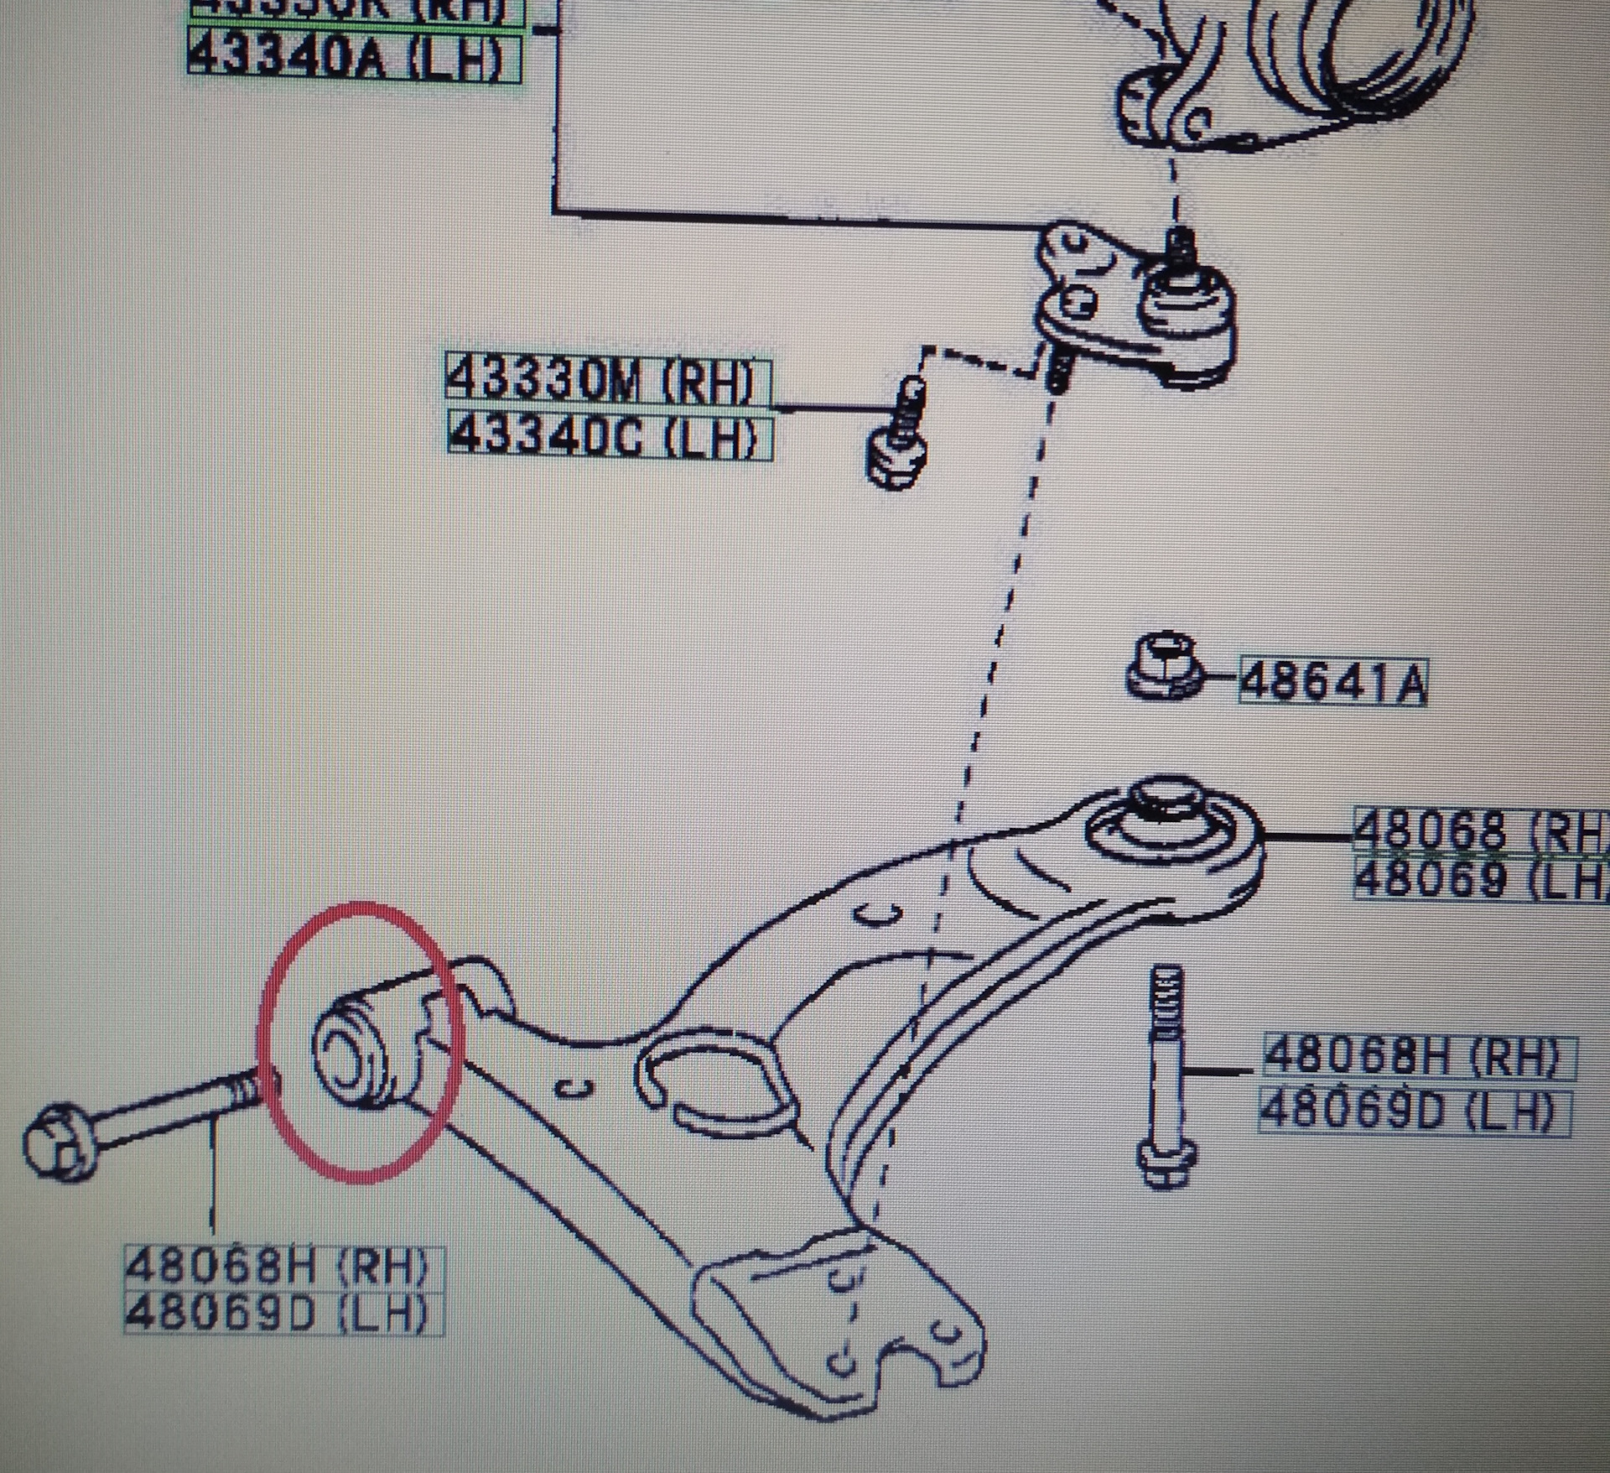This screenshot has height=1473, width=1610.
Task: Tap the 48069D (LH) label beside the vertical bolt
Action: (x=1414, y=1112)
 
